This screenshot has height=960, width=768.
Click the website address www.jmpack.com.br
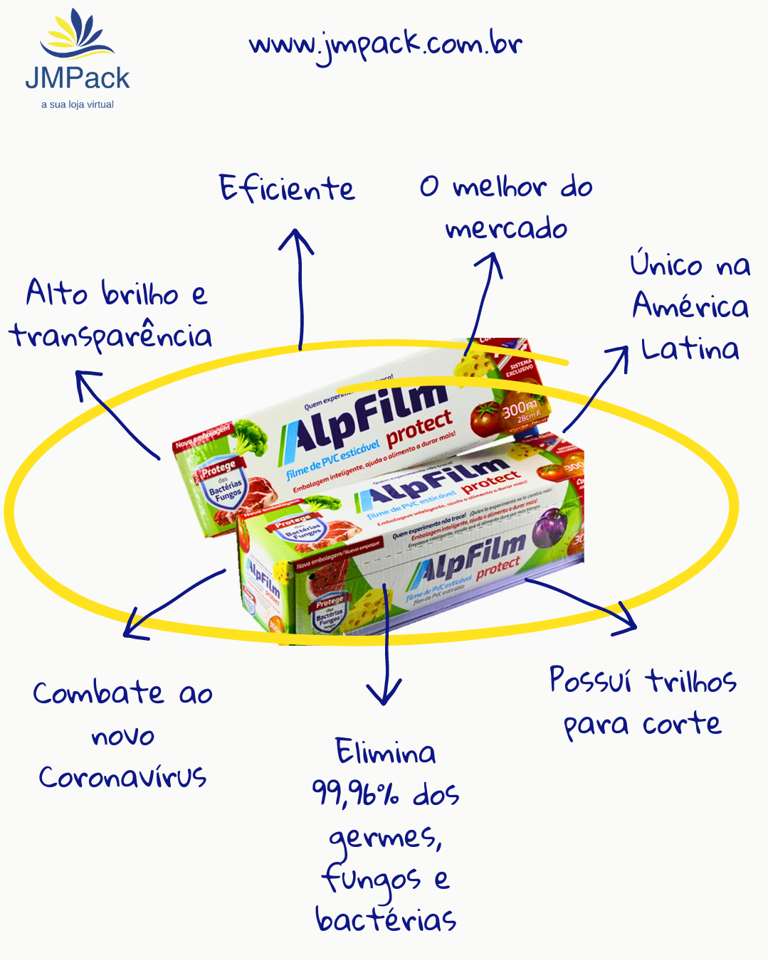[x=385, y=46]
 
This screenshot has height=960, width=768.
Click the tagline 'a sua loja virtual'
[x=77, y=105]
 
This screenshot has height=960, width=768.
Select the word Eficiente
[x=287, y=189]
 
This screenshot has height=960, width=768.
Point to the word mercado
[x=506, y=229]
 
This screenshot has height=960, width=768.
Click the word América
[x=690, y=306]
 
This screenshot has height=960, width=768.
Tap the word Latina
[x=690, y=349]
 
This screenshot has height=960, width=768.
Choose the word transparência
[x=111, y=336]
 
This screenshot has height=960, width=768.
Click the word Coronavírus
[x=122, y=777]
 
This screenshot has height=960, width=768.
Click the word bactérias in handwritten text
[x=386, y=920]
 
